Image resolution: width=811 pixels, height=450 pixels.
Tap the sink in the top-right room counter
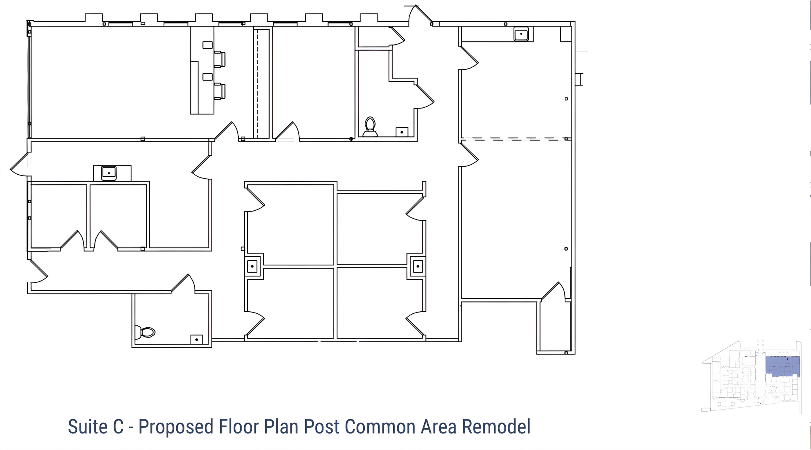pyautogui.click(x=521, y=34)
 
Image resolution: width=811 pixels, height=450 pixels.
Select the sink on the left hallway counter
pyautogui.click(x=109, y=173)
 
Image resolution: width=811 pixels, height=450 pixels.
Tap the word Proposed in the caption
pyautogui.click(x=176, y=427)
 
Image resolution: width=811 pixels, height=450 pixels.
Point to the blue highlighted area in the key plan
pyautogui.click(x=782, y=366)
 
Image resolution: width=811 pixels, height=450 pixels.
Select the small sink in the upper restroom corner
pyautogui.click(x=402, y=132)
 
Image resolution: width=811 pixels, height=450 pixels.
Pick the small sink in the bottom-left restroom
pyautogui.click(x=197, y=339)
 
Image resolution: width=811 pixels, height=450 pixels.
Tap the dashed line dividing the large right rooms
pyautogui.click(x=515, y=139)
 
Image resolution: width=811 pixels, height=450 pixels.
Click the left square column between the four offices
pyautogui.click(x=252, y=266)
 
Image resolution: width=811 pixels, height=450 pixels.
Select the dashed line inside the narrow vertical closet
pyautogui.click(x=258, y=83)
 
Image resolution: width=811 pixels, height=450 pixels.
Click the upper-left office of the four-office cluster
pyautogui.click(x=291, y=224)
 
